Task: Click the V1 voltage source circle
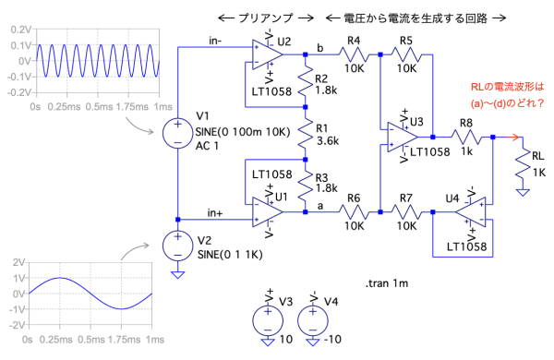[177, 134]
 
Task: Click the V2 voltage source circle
[177, 246]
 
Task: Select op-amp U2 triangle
[268, 54]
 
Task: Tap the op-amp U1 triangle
[268, 212]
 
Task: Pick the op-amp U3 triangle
[403, 137]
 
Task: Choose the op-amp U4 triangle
[470, 212]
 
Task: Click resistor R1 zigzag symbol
[306, 134]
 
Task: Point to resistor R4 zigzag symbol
[354, 54]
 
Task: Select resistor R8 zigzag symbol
[466, 137]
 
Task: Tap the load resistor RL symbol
[523, 165]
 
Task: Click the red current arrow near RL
[512, 137]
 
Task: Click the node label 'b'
[319, 48]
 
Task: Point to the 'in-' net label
[215, 41]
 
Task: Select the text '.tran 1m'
[387, 283]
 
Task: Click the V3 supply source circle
[268, 321]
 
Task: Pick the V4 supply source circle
[313, 321]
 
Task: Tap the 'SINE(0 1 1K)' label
[230, 255]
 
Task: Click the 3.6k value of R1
[328, 141]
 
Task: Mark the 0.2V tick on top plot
[21, 30]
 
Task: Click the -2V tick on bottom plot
[18, 325]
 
